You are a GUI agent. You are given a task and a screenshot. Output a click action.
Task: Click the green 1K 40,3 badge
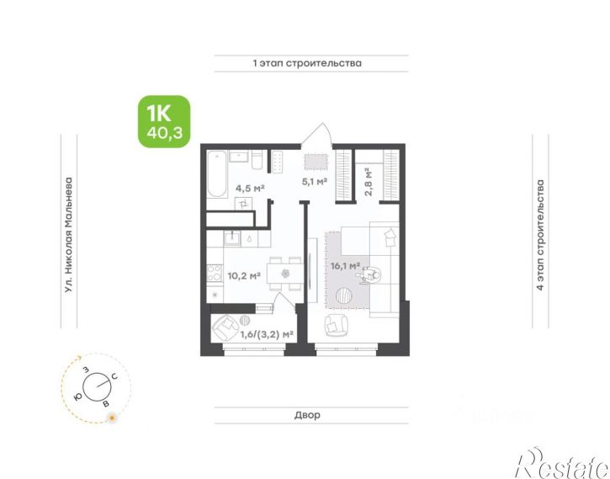click(164, 122)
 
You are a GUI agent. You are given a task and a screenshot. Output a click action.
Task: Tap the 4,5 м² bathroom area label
click(250, 189)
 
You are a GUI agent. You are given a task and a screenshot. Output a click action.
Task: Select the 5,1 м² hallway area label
click(315, 181)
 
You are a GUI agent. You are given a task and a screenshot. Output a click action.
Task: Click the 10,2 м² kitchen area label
click(244, 276)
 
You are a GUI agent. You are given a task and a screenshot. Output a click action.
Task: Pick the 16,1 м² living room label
click(345, 266)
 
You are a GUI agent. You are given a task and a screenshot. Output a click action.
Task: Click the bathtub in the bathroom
click(217, 174)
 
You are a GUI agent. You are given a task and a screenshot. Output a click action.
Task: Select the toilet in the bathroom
click(257, 160)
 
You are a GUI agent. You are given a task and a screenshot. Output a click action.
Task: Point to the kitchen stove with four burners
click(215, 273)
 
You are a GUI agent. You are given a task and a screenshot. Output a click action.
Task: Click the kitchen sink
click(232, 237)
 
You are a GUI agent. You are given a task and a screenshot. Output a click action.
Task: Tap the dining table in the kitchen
click(285, 274)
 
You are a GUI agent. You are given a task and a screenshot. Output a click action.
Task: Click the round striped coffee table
click(344, 295)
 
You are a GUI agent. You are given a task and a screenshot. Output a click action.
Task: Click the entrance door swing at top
click(318, 135)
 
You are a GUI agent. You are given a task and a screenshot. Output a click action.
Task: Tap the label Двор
click(307, 415)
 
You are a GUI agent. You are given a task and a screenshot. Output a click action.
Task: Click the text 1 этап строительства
click(307, 63)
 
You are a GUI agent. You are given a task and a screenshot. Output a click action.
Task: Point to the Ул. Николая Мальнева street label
click(69, 235)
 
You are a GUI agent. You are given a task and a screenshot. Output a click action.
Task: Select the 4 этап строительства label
click(540, 235)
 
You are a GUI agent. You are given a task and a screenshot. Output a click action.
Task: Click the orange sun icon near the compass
click(112, 418)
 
